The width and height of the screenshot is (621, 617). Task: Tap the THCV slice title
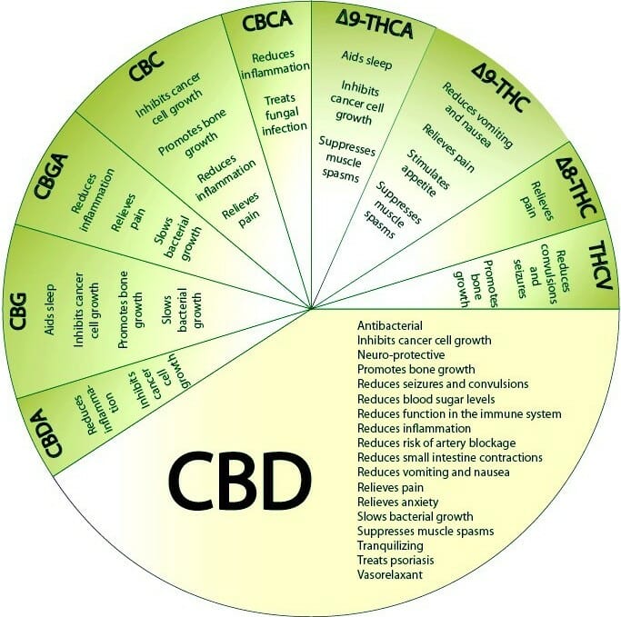(x=601, y=265)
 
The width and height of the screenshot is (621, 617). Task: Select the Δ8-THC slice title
(x=576, y=187)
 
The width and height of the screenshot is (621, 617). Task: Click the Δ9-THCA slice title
(x=374, y=25)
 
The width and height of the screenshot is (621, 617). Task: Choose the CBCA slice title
(x=267, y=22)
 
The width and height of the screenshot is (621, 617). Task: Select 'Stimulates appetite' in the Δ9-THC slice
(x=426, y=173)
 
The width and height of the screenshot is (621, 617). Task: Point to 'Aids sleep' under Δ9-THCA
(x=366, y=60)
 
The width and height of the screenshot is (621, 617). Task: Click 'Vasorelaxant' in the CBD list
(x=390, y=574)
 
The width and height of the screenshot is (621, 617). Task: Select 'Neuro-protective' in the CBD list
(x=401, y=354)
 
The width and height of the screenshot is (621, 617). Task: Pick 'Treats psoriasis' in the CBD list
(x=396, y=560)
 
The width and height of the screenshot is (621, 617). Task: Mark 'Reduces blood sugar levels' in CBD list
(x=426, y=399)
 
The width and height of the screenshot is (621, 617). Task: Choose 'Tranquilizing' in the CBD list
(x=390, y=545)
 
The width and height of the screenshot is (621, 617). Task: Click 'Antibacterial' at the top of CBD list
(x=390, y=325)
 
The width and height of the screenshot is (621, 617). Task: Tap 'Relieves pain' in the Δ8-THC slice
(x=536, y=200)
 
